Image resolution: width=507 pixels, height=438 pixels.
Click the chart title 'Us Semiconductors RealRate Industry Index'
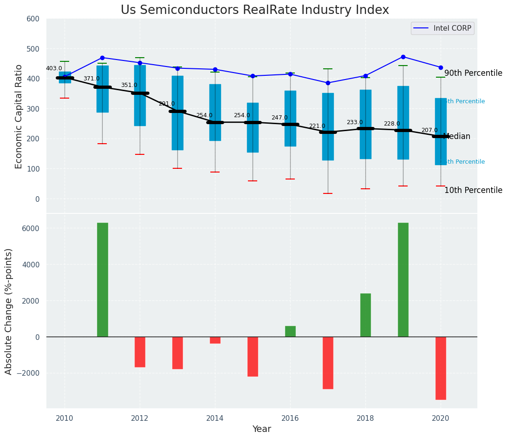pyautogui.click(x=254, y=10)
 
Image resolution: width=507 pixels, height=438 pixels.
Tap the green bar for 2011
pyautogui.click(x=103, y=279)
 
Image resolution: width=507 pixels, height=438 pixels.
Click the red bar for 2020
pyautogui.click(x=441, y=368)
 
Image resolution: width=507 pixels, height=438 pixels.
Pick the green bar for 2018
pyautogui.click(x=365, y=315)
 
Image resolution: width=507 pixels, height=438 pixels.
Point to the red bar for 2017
pyautogui.click(x=328, y=363)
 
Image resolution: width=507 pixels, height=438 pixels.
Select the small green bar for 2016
pyautogui.click(x=290, y=331)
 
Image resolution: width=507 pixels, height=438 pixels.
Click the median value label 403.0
pyautogui.click(x=54, y=68)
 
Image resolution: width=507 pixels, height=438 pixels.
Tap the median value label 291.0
pyautogui.click(x=167, y=104)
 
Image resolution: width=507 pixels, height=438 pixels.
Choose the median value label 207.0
pyautogui.click(x=429, y=130)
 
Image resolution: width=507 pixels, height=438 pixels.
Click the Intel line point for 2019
pyautogui.click(x=403, y=57)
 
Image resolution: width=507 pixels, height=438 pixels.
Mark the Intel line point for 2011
pyautogui.click(x=102, y=58)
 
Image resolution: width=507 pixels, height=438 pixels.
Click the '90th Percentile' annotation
pyautogui.click(x=473, y=73)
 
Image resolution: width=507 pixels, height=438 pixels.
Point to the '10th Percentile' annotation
pyautogui.click(x=473, y=190)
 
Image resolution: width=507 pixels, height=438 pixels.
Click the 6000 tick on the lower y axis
pyautogui.click(x=30, y=228)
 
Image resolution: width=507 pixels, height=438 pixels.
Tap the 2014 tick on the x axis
pyautogui.click(x=215, y=418)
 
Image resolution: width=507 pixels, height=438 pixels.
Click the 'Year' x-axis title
pyautogui.click(x=261, y=429)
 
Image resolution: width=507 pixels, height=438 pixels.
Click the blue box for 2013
pyautogui.click(x=177, y=113)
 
